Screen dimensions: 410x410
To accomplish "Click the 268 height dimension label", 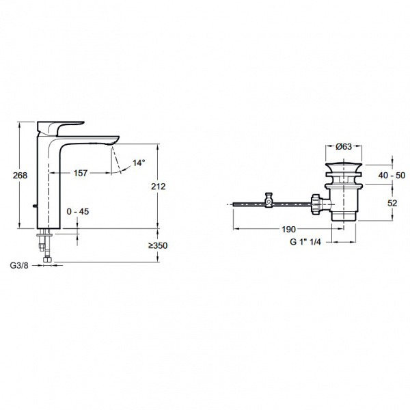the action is click(20, 175).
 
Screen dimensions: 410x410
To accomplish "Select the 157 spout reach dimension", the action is click(80, 173).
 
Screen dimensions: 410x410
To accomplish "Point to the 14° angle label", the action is click(139, 163).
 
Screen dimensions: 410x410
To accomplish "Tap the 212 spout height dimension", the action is click(159, 187).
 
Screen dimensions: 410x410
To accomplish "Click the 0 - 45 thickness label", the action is click(78, 211).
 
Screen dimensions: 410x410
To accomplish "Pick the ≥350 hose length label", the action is click(158, 245).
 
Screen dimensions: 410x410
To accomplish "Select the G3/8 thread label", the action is click(19, 265).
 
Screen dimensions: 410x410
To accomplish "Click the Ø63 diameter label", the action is click(344, 146).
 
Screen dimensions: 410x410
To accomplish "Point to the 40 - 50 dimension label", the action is click(392, 175).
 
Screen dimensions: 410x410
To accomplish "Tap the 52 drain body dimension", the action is click(392, 203).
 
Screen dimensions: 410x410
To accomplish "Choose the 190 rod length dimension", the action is click(288, 230).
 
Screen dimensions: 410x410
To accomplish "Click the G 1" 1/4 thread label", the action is click(305, 242).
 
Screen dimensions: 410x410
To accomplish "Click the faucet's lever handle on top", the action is click(61, 128).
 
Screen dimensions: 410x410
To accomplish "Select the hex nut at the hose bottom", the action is click(48, 260).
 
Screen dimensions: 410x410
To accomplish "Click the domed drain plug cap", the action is click(344, 167).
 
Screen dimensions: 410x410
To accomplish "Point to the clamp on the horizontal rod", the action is click(269, 200).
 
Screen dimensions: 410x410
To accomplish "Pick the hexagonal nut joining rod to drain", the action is click(316, 204).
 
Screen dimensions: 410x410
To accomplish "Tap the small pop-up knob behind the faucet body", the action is click(35, 206).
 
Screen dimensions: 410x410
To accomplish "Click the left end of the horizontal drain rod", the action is click(233, 204).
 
